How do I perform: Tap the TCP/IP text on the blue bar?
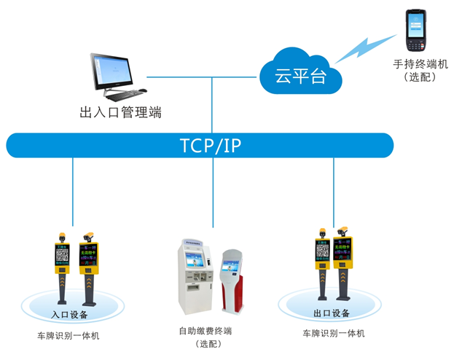tap(211, 146)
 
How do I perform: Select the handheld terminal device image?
tap(415, 30)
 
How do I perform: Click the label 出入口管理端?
tap(120, 112)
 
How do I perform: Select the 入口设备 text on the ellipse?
tap(69, 315)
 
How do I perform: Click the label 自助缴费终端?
tap(205, 332)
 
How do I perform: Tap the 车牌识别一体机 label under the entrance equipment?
tap(69, 336)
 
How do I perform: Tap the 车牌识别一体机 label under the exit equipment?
tap(332, 334)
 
